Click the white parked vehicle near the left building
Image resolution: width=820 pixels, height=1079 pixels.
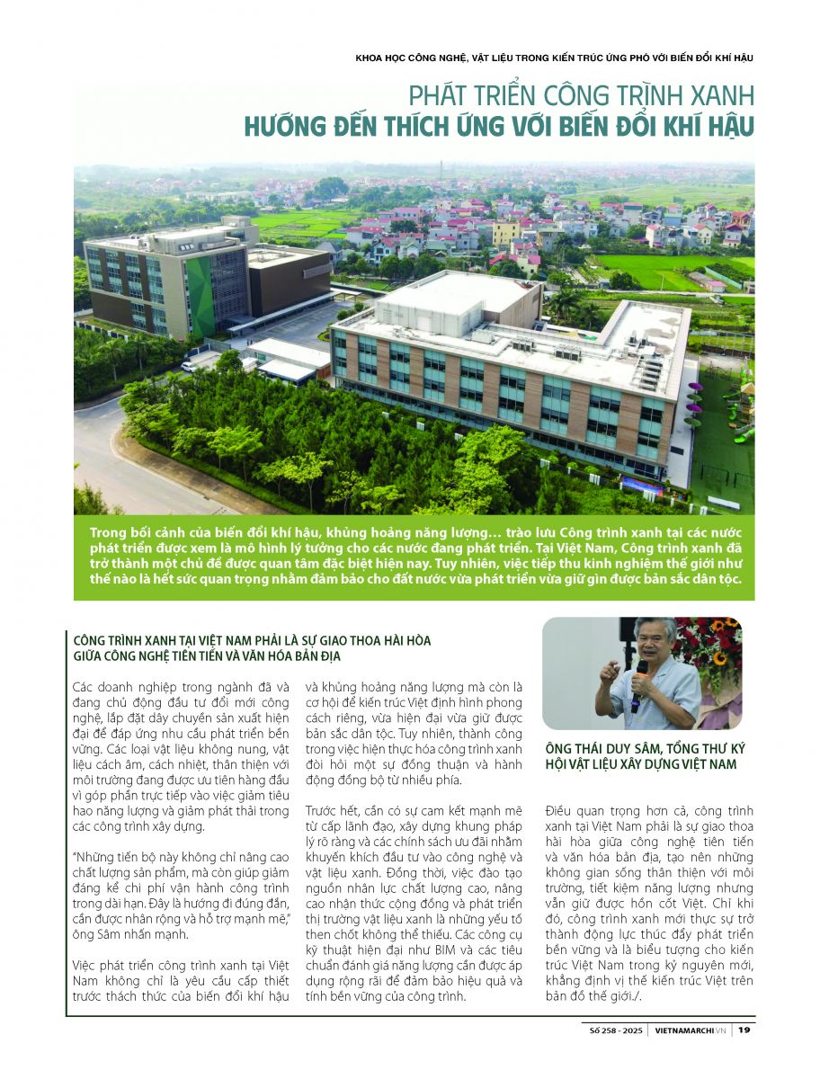click(x=189, y=366)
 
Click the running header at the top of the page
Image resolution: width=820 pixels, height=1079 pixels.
click(x=554, y=58)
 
